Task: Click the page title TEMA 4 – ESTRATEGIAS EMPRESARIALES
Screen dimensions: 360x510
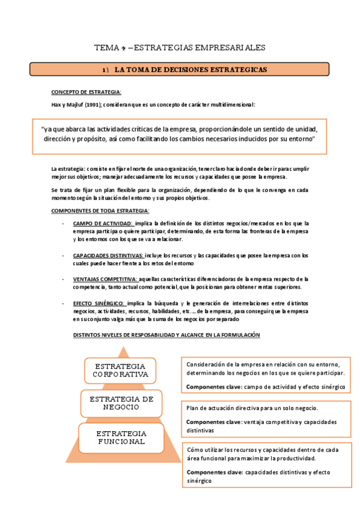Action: tap(180, 48)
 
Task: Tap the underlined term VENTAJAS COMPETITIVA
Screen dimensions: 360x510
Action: tap(105, 278)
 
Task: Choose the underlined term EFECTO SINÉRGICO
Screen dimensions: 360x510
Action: tap(99, 303)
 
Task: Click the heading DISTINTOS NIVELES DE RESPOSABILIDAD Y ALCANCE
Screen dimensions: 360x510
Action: tap(166, 334)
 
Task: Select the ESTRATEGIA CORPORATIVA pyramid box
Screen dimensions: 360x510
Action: tap(120, 370)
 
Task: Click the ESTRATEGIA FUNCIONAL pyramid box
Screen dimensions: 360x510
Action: tap(121, 437)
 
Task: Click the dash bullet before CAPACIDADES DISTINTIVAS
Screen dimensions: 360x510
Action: tap(64, 255)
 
